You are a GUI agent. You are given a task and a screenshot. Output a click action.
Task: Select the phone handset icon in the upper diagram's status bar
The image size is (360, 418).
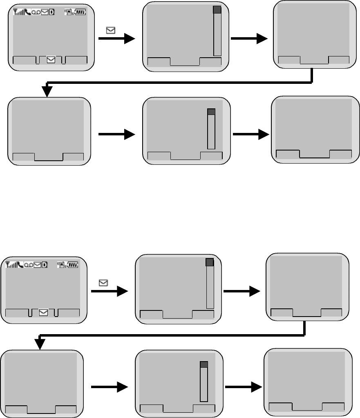point(27,13)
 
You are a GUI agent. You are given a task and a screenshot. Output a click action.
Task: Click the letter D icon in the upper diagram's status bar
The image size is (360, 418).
point(51,13)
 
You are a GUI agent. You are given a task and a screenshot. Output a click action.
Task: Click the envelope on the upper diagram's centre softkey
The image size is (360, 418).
point(51,60)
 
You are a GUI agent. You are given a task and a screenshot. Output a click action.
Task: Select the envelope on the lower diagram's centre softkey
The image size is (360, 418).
point(43,312)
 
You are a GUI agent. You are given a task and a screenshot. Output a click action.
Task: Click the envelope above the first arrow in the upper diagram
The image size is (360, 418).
point(110,29)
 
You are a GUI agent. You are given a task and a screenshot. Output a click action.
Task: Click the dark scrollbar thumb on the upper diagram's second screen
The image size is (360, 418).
point(217,11)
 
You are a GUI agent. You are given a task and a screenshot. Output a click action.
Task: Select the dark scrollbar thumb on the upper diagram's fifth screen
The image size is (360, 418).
point(211,112)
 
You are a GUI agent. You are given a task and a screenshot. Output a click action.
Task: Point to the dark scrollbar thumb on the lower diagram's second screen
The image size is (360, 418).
point(210,263)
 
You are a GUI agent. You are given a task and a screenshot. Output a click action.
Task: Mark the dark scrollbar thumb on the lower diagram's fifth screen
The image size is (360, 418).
point(204,364)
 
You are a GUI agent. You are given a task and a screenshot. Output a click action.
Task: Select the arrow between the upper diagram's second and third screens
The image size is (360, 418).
point(249,39)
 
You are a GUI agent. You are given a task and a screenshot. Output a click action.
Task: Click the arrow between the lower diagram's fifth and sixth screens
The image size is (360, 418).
point(243,387)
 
